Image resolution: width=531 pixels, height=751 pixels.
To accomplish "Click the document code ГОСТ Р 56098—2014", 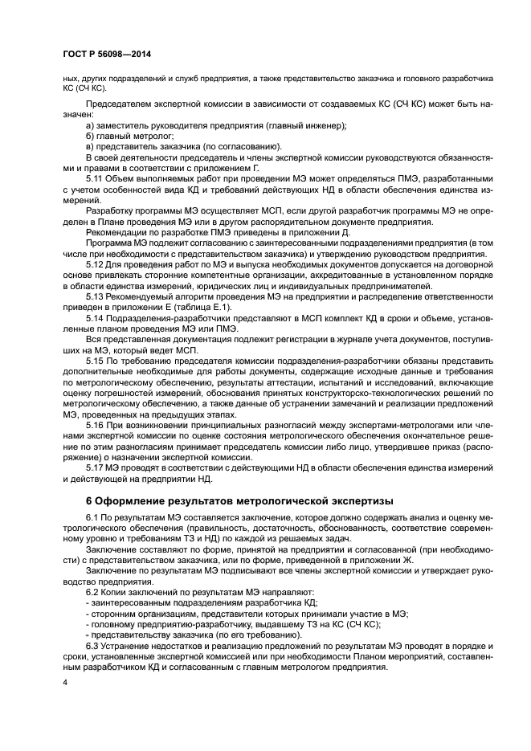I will pyautogui.click(x=108, y=55).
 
